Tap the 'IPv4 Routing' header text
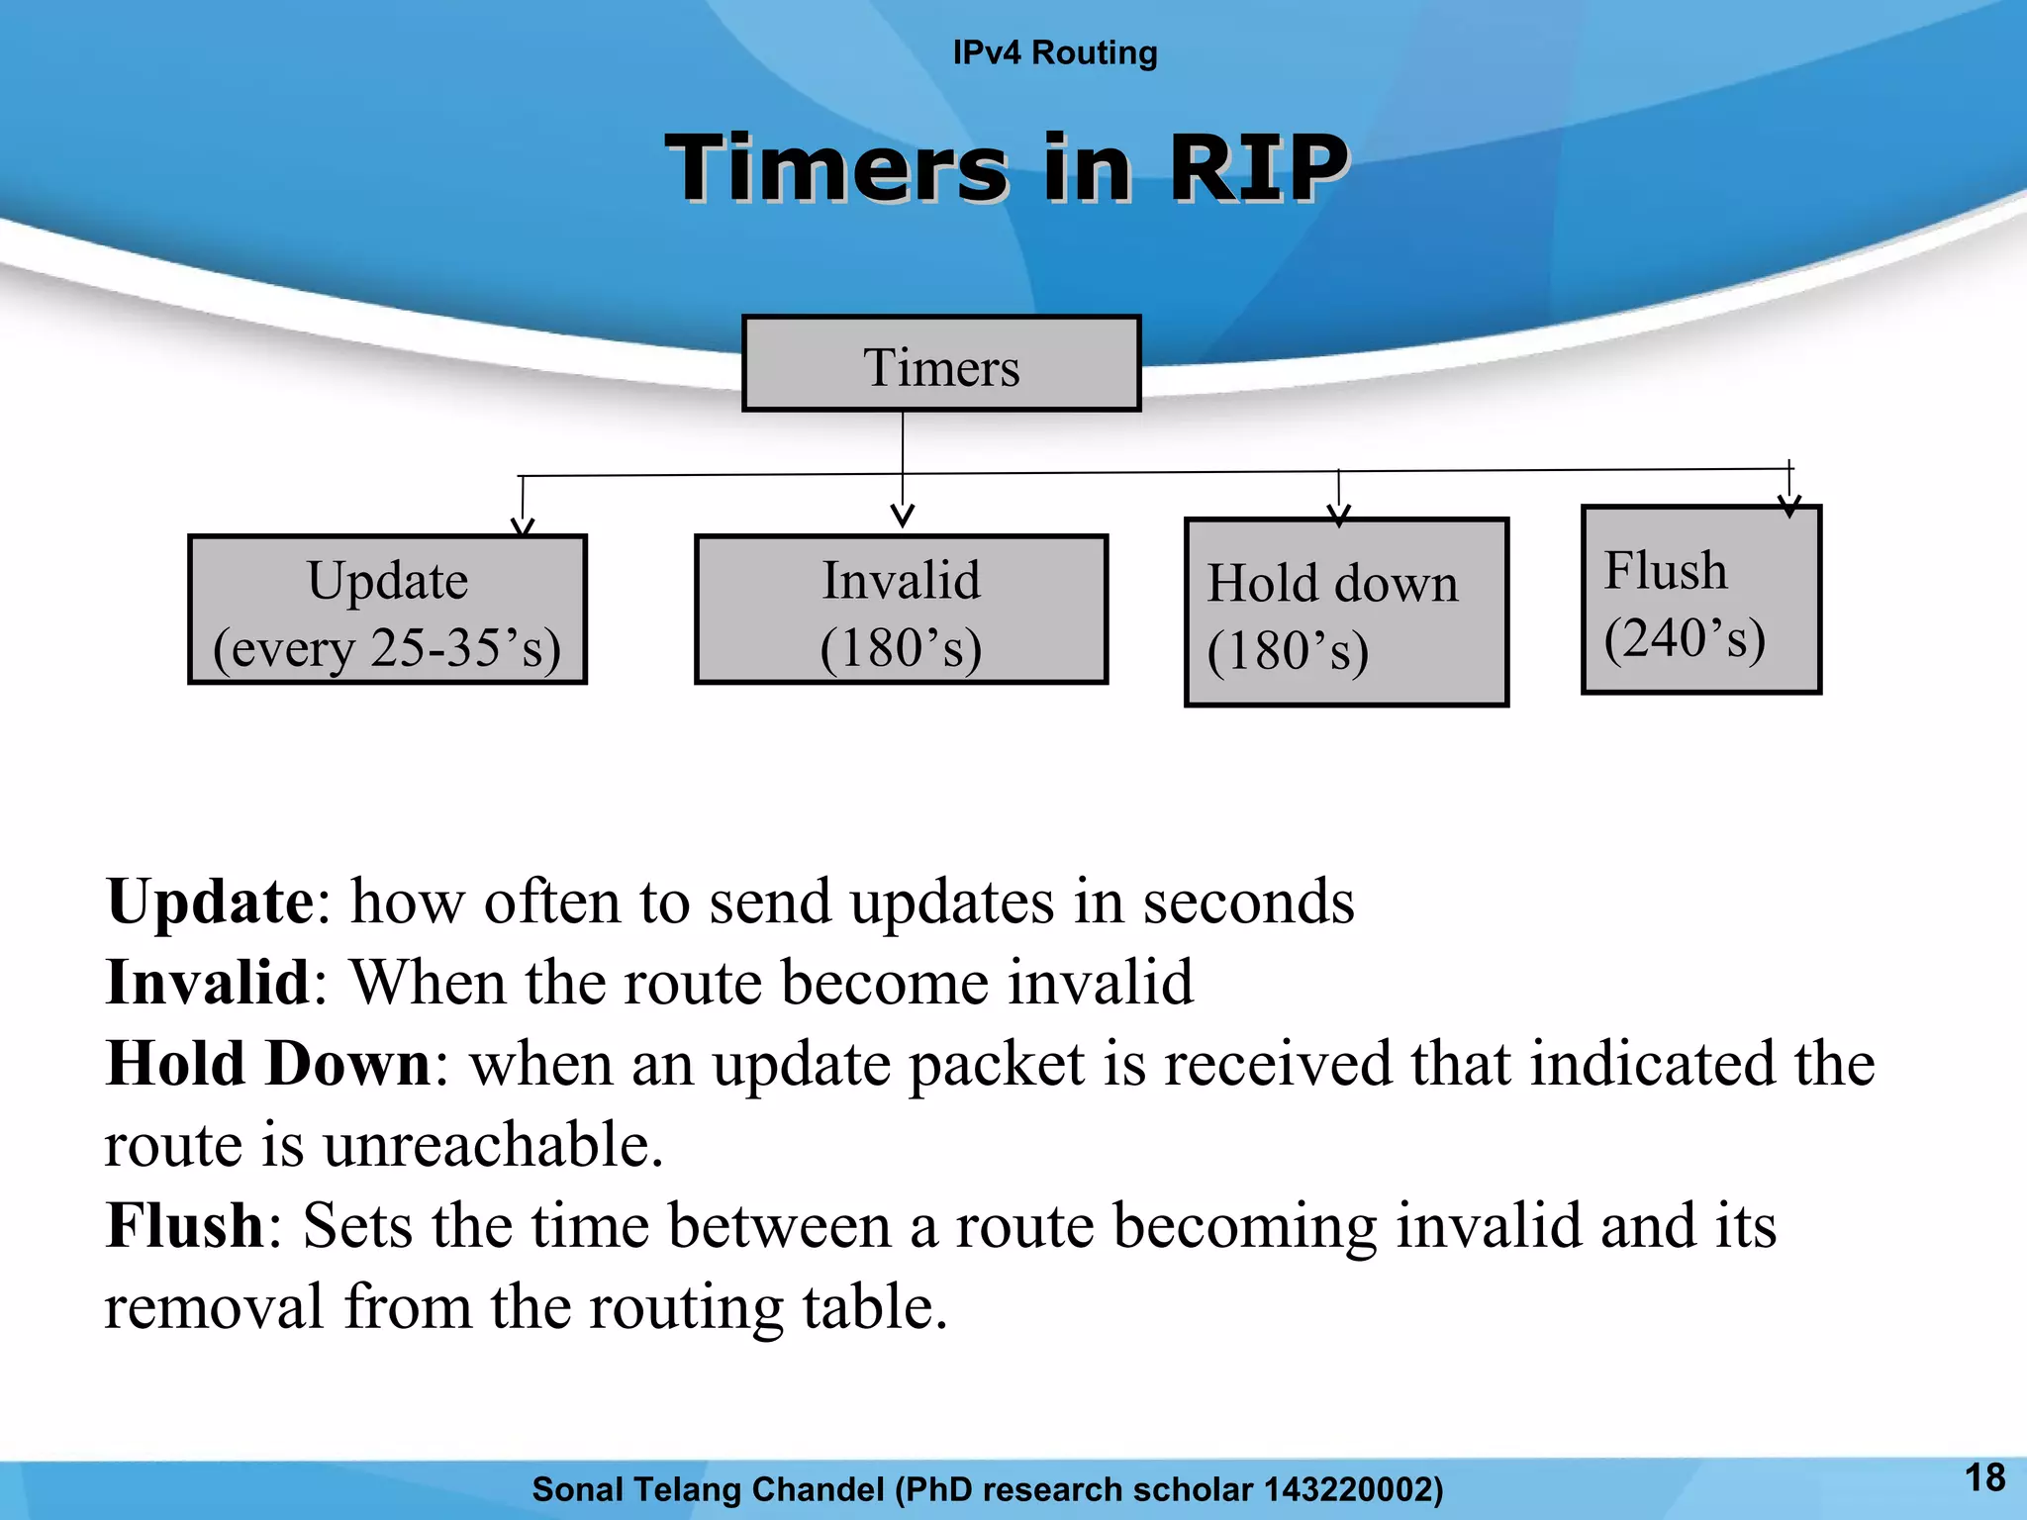click(x=1054, y=52)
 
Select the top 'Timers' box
click(x=941, y=364)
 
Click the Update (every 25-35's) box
click(x=387, y=611)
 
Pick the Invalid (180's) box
click(x=901, y=611)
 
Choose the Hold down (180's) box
click(x=1346, y=613)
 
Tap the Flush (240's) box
click(x=1700, y=601)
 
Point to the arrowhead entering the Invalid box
click(x=903, y=516)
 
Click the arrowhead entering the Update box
click(x=523, y=525)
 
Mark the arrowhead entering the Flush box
click(x=1789, y=507)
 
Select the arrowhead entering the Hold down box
click(x=1339, y=516)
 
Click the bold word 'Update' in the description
click(x=210, y=902)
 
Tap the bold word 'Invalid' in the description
click(x=208, y=983)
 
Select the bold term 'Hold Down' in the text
click(x=268, y=1064)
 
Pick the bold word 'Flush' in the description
click(x=185, y=1226)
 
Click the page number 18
click(x=1984, y=1477)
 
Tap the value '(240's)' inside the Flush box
click(x=1685, y=638)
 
